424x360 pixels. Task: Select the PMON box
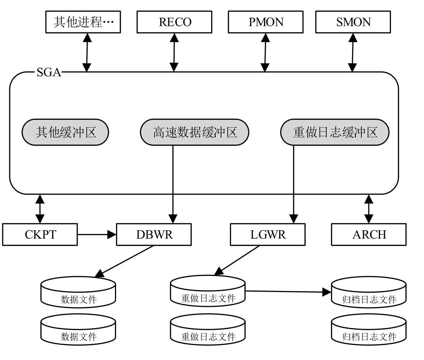(266, 22)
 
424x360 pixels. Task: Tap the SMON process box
(353, 22)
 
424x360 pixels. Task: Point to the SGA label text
(49, 73)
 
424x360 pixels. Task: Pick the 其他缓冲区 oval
(65, 132)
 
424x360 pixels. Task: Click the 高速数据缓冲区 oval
(194, 132)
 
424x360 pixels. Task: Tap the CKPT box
(40, 235)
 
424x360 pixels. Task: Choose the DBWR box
(154, 235)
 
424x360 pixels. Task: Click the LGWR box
(268, 235)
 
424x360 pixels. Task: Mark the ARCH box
(369, 235)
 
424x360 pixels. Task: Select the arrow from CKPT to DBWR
(97, 235)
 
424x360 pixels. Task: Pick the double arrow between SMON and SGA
(352, 52)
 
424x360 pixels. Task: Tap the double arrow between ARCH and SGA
(369, 209)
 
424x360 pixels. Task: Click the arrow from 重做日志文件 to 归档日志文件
(287, 292)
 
